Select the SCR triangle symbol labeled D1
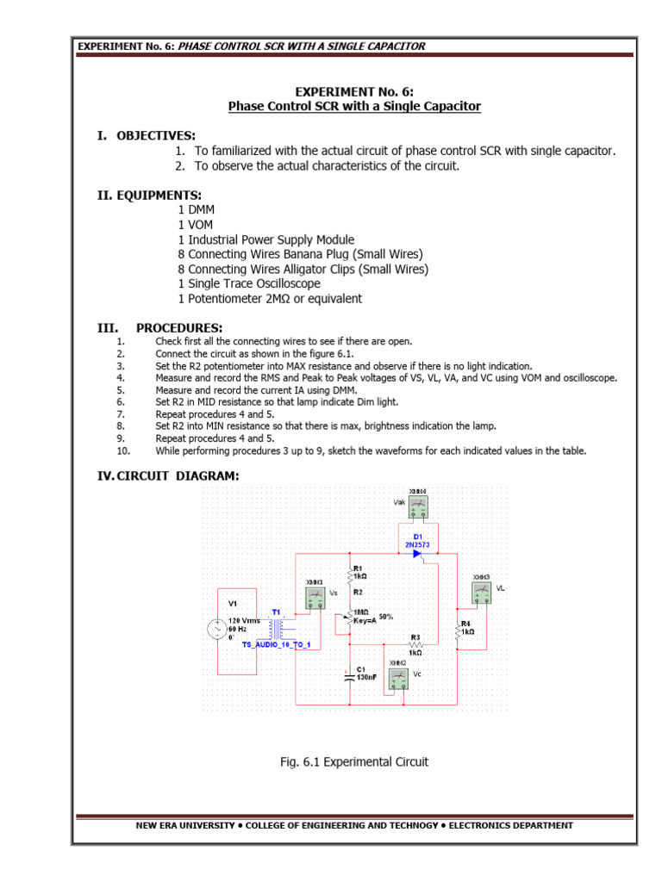[416, 554]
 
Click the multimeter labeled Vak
[417, 507]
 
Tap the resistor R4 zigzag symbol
[456, 633]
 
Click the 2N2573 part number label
[417, 544]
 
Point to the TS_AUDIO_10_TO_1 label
[269, 643]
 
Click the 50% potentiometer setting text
[385, 617]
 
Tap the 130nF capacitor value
[365, 678]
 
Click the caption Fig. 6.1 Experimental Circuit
[354, 761]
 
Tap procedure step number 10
[123, 450]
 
